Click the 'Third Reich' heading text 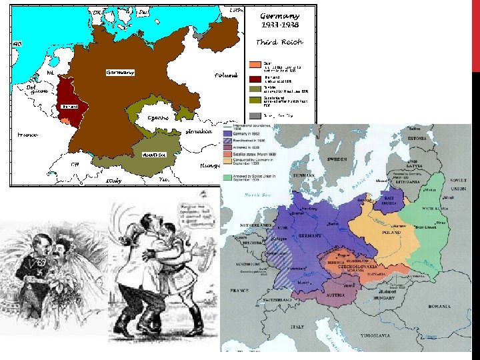(x=280, y=42)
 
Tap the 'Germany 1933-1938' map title (x=280, y=20)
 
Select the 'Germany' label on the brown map (x=120, y=72)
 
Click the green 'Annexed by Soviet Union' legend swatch (x=228, y=177)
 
